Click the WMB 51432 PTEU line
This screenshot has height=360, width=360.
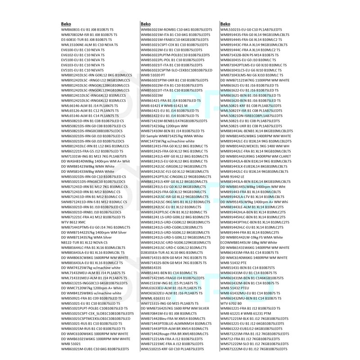click(x=234, y=287)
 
